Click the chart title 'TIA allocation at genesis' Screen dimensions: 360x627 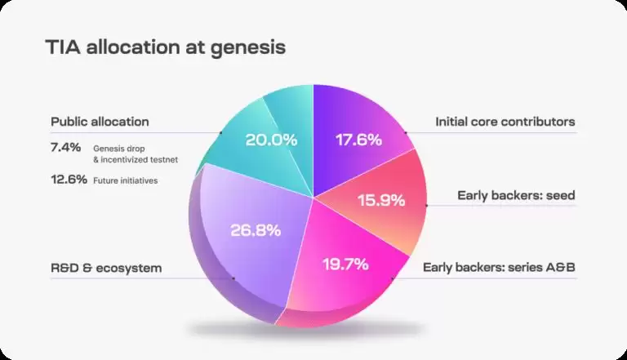coord(165,47)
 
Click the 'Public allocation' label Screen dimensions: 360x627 coord(100,122)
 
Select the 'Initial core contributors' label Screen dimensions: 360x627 coord(505,122)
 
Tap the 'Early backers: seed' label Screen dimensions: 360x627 coord(516,195)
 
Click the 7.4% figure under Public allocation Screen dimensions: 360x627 coord(65,148)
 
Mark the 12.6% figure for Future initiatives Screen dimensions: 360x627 coord(69,180)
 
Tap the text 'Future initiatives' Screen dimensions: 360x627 coord(125,180)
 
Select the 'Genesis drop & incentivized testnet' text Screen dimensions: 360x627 coord(134,153)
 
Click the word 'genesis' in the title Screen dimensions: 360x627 coord(249,48)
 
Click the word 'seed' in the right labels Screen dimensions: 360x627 coord(559,195)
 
